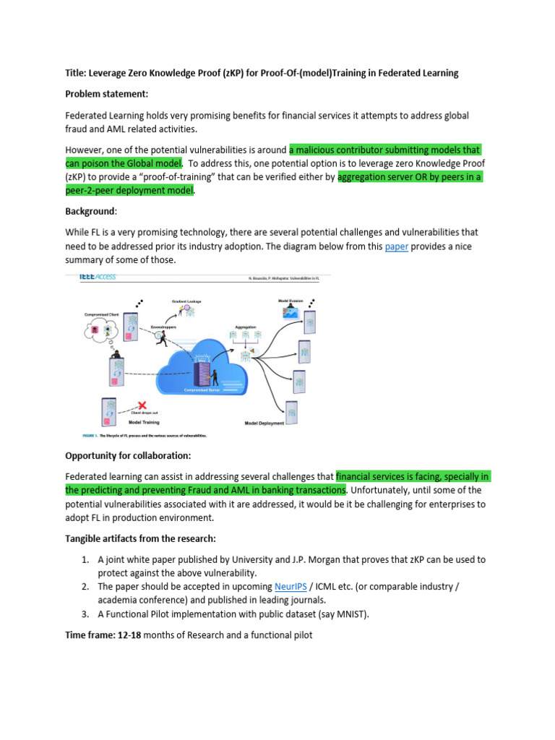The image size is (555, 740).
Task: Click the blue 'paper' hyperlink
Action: (397, 246)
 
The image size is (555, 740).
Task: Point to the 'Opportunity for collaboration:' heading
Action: (126, 456)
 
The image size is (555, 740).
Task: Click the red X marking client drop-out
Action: (142, 405)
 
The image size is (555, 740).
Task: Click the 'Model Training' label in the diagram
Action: (144, 423)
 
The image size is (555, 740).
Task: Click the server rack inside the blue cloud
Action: (205, 372)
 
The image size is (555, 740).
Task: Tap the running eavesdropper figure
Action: (161, 339)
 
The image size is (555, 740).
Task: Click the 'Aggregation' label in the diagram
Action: (245, 327)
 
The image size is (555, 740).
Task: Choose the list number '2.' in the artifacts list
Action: (85, 586)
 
